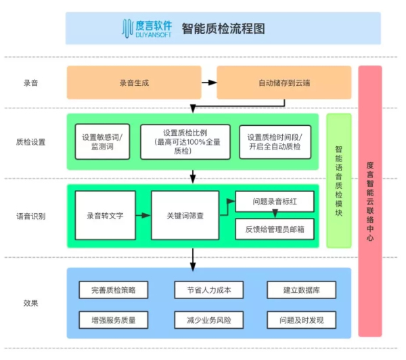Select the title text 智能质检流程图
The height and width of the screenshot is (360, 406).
(223, 29)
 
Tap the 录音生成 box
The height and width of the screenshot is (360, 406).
(134, 83)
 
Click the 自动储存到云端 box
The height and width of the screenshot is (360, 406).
(284, 83)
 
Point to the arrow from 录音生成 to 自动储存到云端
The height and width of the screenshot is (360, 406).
(208, 83)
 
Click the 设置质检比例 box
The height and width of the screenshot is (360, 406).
(185, 141)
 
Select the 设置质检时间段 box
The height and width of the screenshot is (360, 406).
(274, 141)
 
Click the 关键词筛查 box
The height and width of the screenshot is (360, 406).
(185, 215)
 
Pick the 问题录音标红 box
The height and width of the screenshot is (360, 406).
(274, 202)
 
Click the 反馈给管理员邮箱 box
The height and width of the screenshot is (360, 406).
(274, 229)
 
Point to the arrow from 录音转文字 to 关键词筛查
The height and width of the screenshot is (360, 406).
(143, 215)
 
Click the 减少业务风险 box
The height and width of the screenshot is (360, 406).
(204, 319)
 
